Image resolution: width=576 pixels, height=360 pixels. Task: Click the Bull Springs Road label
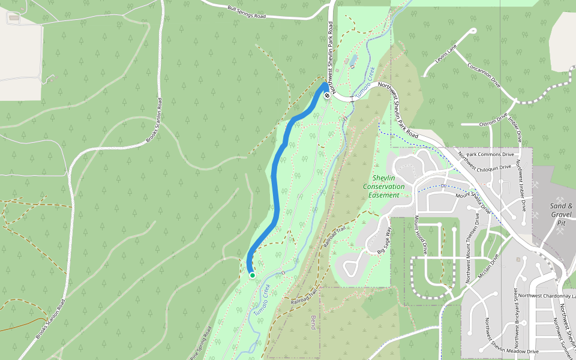coord(247,13)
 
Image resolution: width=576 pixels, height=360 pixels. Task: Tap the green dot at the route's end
coord(253,275)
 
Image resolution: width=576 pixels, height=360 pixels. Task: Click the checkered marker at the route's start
coord(327,95)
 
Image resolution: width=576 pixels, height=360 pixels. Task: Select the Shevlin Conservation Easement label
coord(384,187)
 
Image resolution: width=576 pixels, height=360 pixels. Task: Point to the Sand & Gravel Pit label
coord(562,214)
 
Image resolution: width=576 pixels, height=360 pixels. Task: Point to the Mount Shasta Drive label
coord(473,203)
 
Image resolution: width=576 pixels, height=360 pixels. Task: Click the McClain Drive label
coord(488,268)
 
